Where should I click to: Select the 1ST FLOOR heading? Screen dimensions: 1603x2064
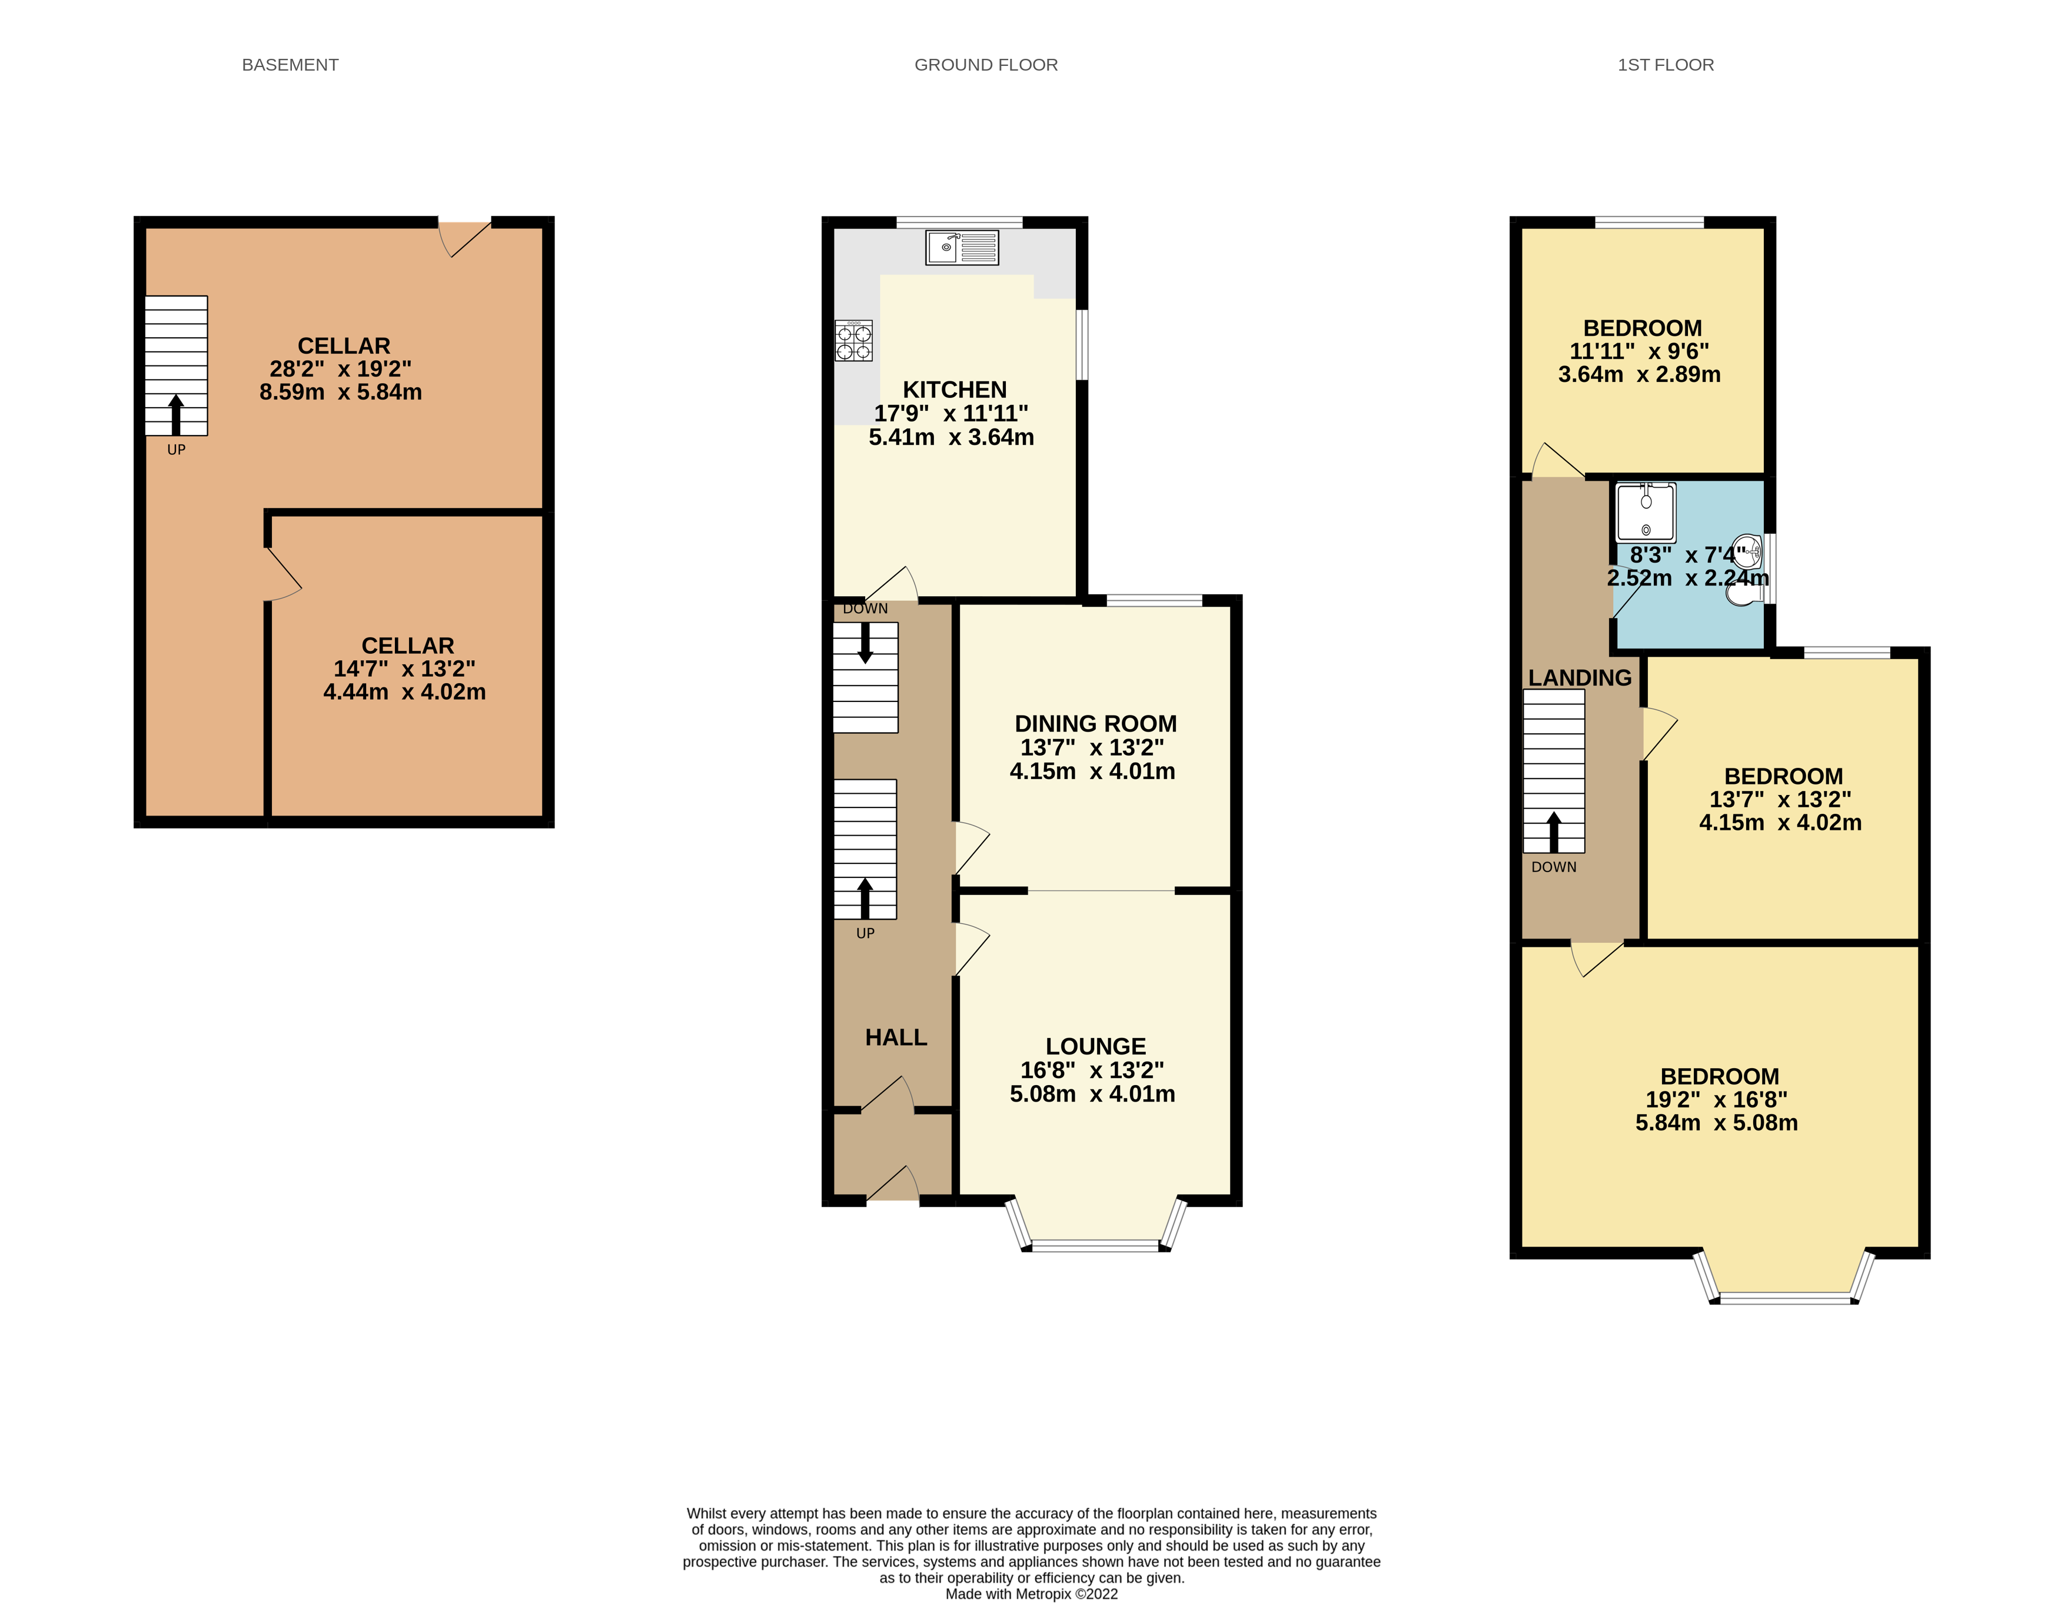pyautogui.click(x=1664, y=64)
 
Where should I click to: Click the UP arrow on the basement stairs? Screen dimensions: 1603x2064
pyautogui.click(x=176, y=414)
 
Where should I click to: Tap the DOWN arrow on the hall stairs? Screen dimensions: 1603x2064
pyautogui.click(x=865, y=643)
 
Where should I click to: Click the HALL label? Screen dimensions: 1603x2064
pyautogui.click(x=895, y=1037)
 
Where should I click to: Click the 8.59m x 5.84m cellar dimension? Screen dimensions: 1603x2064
pyautogui.click(x=340, y=391)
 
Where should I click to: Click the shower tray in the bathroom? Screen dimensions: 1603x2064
pyautogui.click(x=1646, y=511)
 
